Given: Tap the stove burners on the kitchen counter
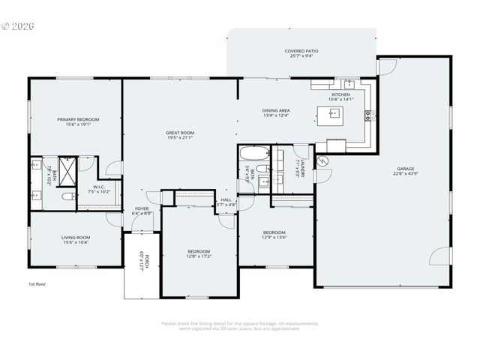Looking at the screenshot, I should click(367, 115).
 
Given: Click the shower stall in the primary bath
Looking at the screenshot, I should click(67, 170).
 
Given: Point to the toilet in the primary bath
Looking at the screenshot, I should click(68, 196).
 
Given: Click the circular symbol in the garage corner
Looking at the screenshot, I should click(323, 160).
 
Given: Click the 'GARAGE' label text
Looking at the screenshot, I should click(406, 169).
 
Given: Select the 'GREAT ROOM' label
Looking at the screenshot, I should click(180, 133).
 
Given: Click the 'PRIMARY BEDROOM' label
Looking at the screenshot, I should click(78, 119).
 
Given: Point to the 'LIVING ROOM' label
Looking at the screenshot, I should click(75, 238).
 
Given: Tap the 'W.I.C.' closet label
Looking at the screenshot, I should click(99, 187).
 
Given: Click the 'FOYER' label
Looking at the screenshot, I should click(142, 208).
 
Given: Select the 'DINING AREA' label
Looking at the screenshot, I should click(276, 110).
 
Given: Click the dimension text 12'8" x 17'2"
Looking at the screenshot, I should click(199, 256).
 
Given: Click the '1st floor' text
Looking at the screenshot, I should click(37, 284).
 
